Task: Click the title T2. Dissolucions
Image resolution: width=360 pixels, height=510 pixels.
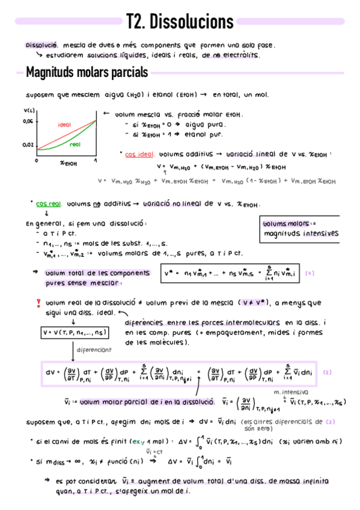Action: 180,22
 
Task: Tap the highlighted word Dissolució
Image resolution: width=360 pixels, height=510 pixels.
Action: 41,45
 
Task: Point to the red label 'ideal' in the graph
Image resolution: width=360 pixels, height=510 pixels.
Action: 64,124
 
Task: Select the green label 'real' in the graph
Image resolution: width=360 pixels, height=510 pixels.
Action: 75,144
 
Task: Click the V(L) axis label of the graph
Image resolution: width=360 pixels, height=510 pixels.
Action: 28,110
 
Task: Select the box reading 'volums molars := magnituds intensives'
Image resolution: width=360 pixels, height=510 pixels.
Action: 301,229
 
